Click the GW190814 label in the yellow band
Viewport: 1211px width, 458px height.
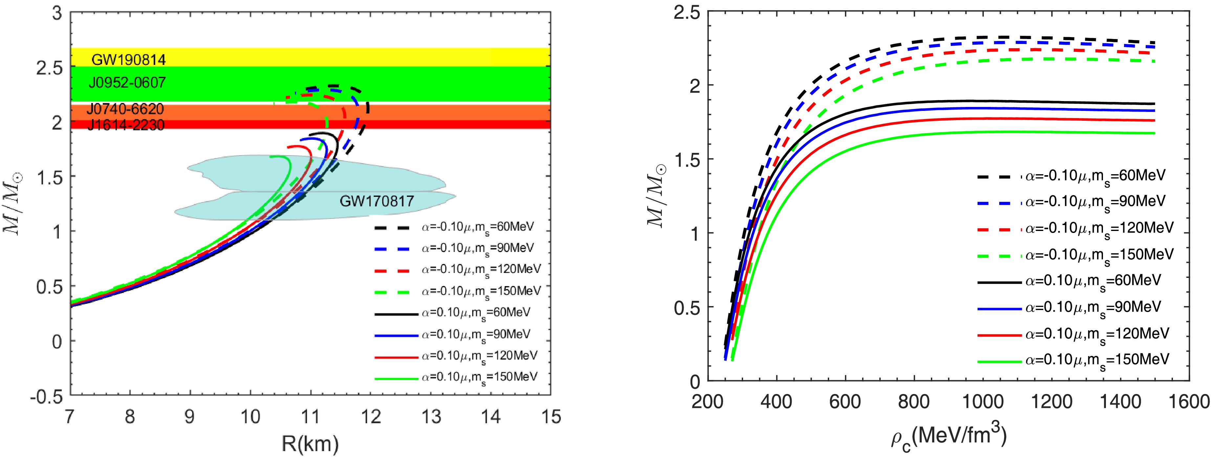tap(128, 60)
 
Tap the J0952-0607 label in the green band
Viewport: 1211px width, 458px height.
tap(127, 83)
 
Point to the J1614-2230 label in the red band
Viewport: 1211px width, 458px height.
tap(125, 125)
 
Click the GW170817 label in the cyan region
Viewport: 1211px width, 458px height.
tap(377, 201)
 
